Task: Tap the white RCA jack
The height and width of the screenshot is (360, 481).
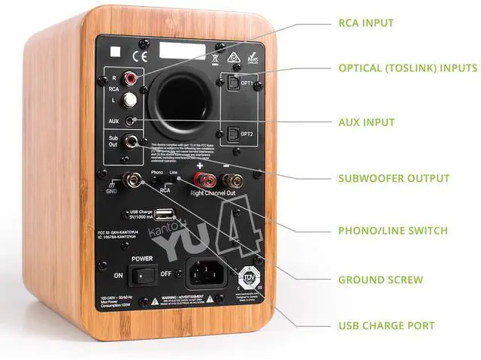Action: (x=132, y=98)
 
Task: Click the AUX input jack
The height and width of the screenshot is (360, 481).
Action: (x=132, y=120)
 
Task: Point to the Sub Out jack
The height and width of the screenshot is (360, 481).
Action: (x=133, y=141)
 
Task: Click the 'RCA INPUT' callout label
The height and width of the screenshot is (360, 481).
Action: (x=366, y=23)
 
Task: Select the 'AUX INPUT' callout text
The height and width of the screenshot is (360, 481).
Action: (x=366, y=123)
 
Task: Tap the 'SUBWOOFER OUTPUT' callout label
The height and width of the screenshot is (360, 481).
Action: (x=394, y=178)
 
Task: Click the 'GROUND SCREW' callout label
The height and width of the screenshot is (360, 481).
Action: (x=380, y=280)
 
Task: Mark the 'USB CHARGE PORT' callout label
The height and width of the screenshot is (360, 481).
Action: (x=386, y=325)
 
